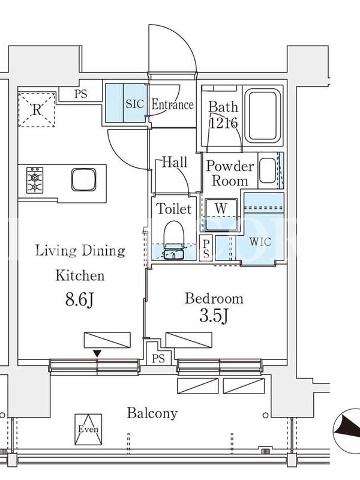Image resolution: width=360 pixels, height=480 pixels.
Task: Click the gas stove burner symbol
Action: pyautogui.click(x=35, y=179)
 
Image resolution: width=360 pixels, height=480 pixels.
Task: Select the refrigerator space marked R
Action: pyautogui.click(x=37, y=109)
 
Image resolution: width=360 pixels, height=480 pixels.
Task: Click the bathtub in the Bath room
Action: pyautogui.click(x=265, y=116)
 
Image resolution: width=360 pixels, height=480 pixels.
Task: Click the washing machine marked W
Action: pyautogui.click(x=221, y=215)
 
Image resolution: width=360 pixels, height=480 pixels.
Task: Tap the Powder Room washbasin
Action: pyautogui.click(x=268, y=170)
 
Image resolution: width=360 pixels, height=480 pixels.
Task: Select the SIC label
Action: pyautogui.click(x=134, y=104)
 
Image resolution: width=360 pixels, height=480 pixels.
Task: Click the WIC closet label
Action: pyautogui.click(x=260, y=242)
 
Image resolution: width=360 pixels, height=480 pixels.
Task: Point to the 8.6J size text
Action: pyautogui.click(x=79, y=299)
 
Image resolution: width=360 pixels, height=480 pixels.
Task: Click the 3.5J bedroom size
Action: pyautogui.click(x=214, y=316)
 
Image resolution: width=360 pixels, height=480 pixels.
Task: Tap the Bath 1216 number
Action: pyautogui.click(x=224, y=123)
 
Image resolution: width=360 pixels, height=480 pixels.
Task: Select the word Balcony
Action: pyautogui.click(x=152, y=413)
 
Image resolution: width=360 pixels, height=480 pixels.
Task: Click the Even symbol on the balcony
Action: pyautogui.click(x=88, y=429)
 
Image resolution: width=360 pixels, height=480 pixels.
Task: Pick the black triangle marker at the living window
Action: pyautogui.click(x=97, y=354)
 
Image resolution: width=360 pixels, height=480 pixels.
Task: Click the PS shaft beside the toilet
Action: pyautogui.click(x=206, y=248)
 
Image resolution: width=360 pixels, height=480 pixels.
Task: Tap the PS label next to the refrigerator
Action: pyautogui.click(x=81, y=94)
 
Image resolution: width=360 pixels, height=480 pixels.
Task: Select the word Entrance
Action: pyautogui.click(x=173, y=104)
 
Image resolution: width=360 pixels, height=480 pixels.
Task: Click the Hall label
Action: pyautogui.click(x=175, y=162)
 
